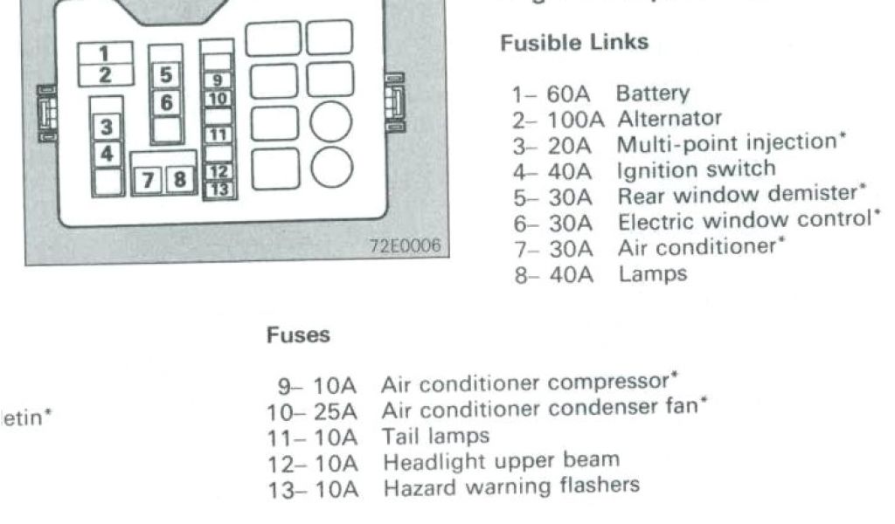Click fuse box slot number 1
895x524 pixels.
pos(105,51)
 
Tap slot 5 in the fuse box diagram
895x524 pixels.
pos(166,74)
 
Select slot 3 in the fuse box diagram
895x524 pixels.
pos(107,128)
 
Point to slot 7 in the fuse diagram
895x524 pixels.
pos(149,181)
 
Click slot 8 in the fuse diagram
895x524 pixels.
pos(180,181)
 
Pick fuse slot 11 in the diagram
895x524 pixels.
pos(219,134)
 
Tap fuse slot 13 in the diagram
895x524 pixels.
pos(219,188)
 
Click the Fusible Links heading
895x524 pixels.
pos(574,42)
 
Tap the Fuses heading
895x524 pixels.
pos(299,334)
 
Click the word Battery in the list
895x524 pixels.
pos(652,93)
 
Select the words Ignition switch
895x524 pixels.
pos(696,169)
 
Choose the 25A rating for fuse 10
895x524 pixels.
pos(336,410)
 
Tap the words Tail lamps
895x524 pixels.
pos(436,434)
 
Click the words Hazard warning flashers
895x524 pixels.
pos(511,485)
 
